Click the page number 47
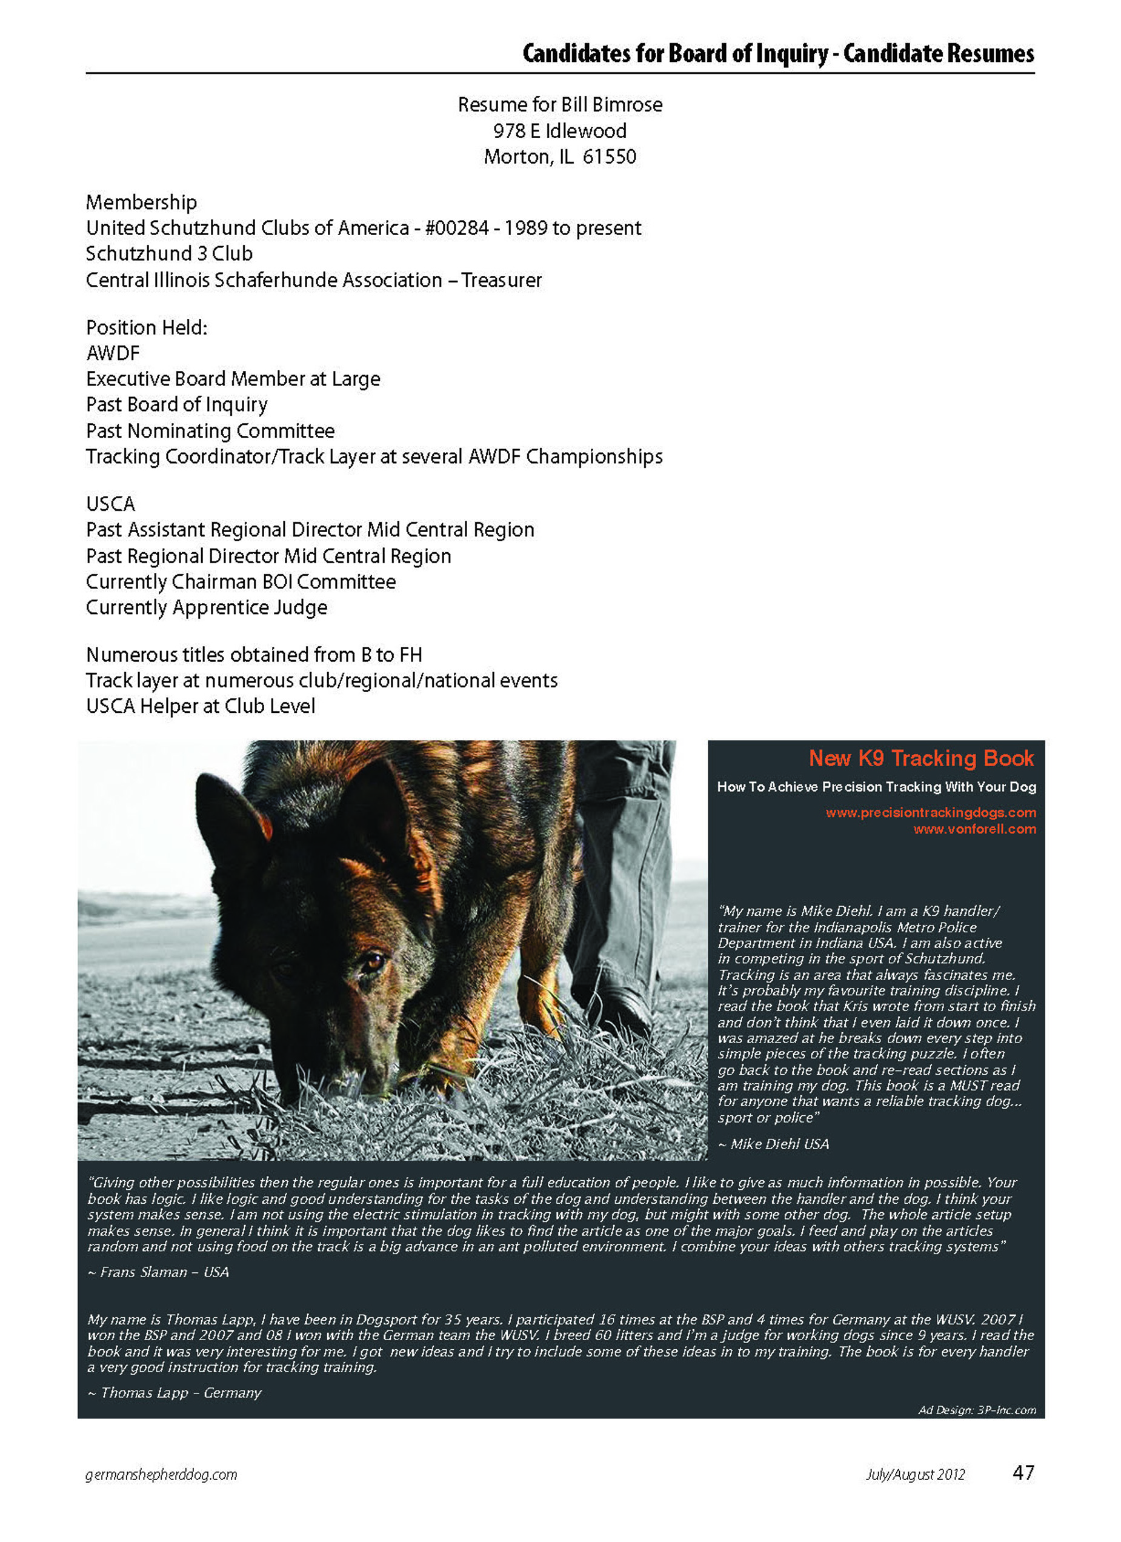point(1022,1473)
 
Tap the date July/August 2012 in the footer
point(914,1475)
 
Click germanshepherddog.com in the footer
point(161,1475)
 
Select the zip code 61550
point(609,157)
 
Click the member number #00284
point(457,228)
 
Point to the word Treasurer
point(502,280)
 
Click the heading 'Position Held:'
point(146,328)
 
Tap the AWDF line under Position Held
point(113,353)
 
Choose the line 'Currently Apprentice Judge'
point(206,608)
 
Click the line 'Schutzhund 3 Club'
point(168,253)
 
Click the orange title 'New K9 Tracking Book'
point(921,758)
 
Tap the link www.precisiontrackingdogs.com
point(931,812)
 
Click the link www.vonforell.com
point(974,829)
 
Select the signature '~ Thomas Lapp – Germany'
point(174,1392)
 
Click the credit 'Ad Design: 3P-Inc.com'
point(977,1410)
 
